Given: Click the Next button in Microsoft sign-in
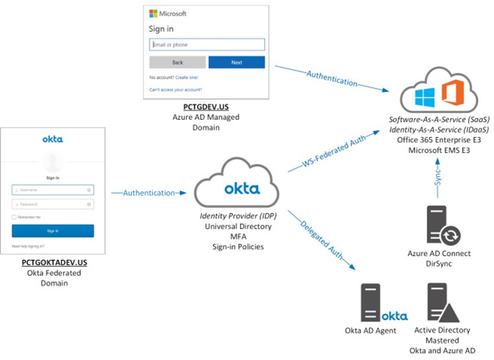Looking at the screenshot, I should (x=236, y=62).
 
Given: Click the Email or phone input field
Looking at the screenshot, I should (x=207, y=44).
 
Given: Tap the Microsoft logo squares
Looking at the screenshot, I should (x=153, y=13).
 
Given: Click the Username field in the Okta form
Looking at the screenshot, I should (x=52, y=189).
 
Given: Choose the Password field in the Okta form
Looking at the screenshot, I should (x=52, y=204).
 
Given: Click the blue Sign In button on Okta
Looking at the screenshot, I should (x=52, y=231).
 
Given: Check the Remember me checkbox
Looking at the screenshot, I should (x=14, y=216).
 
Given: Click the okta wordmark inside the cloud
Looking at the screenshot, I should (x=242, y=189).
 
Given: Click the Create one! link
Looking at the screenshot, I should (x=186, y=77).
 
